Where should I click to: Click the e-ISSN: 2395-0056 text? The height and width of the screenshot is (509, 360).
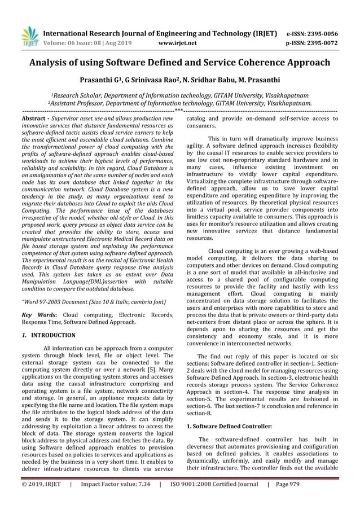[x=313, y=33]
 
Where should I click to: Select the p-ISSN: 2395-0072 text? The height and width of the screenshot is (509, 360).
[x=313, y=42]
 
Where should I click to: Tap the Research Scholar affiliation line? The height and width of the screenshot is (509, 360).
[x=179, y=95]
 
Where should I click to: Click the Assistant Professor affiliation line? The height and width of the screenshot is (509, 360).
[x=179, y=103]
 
